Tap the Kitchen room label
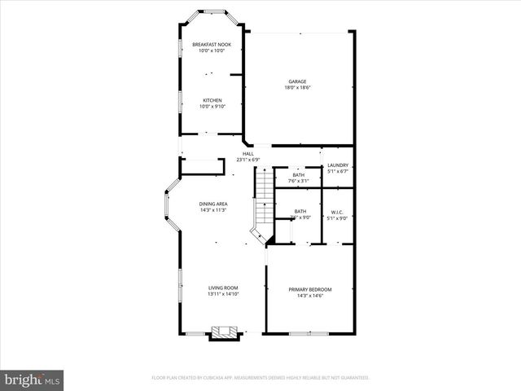tap(212, 100)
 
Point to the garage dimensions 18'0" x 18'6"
tap(299, 88)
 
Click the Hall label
tap(247, 153)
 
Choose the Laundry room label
tap(338, 165)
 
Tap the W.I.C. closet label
tap(338, 212)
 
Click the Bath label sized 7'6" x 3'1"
tap(299, 174)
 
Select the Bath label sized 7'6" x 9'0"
tap(300, 212)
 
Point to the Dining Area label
tap(213, 204)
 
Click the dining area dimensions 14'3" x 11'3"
tap(213, 210)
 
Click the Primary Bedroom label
tap(310, 289)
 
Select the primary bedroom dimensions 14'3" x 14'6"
tap(310, 296)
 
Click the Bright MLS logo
tap(33, 380)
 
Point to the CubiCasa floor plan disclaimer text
tap(260, 378)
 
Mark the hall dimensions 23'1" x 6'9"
tap(247, 160)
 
